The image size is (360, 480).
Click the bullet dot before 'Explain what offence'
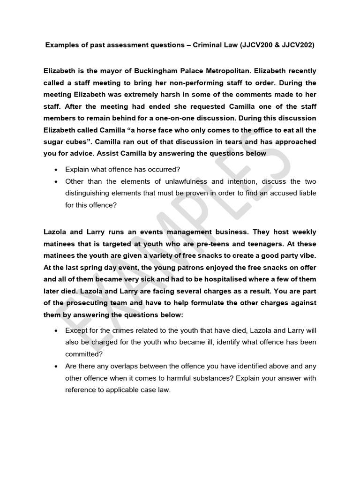[57, 169]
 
